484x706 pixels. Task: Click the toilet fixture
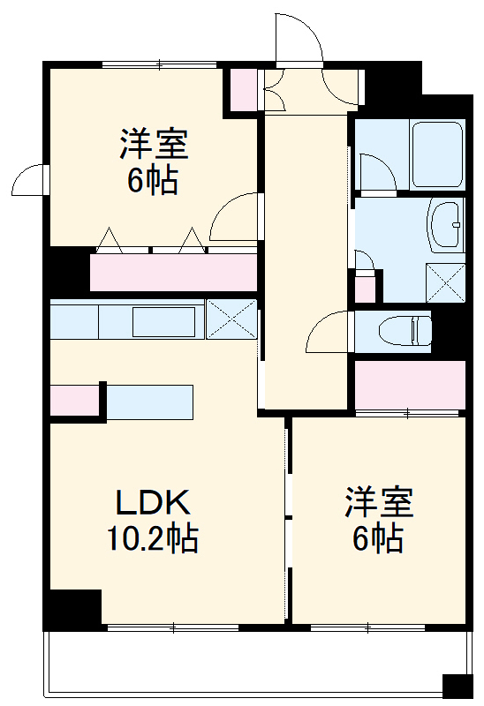pos(404,331)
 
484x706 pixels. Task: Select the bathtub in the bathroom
pos(437,154)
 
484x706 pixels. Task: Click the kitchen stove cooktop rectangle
pos(163,321)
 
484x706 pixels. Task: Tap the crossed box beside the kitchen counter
pos(231,318)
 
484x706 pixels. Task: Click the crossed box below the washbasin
pos(445,283)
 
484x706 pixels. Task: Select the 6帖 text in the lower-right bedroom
pos(378,537)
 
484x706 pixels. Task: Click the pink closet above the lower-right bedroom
pos(410,385)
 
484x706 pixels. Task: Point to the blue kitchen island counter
pos(149,402)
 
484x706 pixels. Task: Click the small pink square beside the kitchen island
pos(74,401)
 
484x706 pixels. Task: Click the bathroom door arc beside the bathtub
pos(376,173)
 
